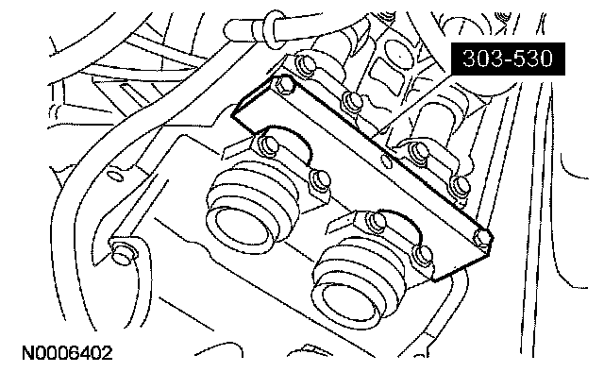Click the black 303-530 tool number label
[x=508, y=59]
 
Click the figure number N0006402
[x=67, y=353]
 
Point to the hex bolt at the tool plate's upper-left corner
[x=283, y=86]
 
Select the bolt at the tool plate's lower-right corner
[x=483, y=237]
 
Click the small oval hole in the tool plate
[x=386, y=161]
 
